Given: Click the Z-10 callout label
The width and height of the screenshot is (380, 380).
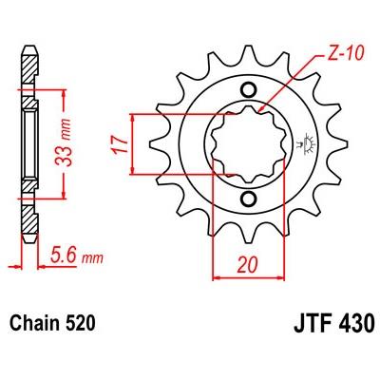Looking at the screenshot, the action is [x=343, y=53].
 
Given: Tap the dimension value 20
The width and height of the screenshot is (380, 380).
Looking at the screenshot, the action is [x=247, y=264].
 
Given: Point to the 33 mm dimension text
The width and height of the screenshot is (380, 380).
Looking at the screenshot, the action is [x=64, y=142].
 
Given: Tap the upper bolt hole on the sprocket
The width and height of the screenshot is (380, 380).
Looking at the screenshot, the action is [x=248, y=89].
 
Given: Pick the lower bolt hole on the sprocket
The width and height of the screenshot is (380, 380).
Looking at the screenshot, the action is [x=248, y=199].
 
